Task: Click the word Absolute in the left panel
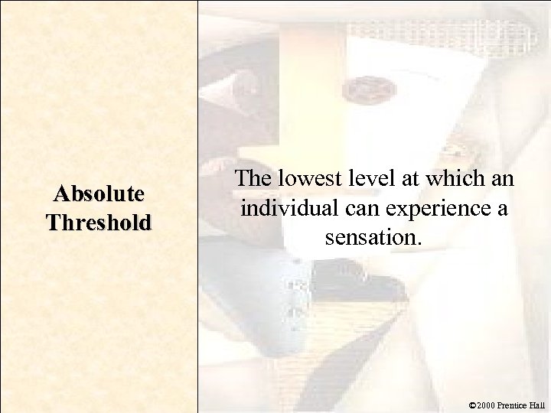pos(99,194)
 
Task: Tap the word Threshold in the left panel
pos(99,223)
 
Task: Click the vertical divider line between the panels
pos(198,206)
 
